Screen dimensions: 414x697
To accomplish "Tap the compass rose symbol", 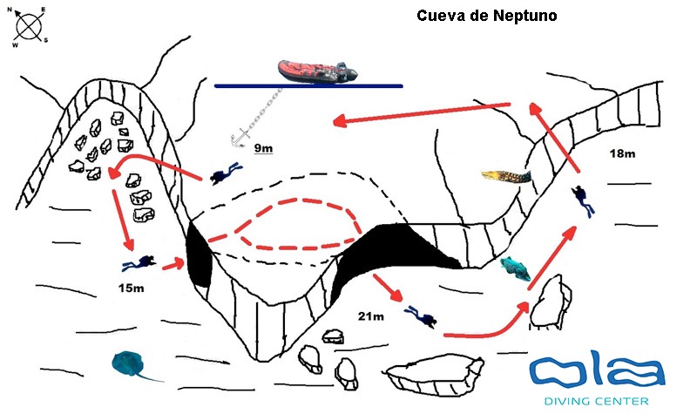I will [30, 26].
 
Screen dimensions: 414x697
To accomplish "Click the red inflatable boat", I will [317, 71].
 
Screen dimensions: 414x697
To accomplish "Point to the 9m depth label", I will [262, 148].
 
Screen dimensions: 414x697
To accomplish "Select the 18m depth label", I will [621, 153].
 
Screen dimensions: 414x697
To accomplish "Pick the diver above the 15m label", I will [139, 262].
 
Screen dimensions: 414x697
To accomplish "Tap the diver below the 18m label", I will [583, 201].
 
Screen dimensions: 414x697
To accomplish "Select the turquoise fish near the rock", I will [516, 270].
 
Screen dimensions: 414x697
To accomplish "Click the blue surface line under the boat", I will [308, 86].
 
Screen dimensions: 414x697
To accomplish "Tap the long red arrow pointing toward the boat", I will [423, 113].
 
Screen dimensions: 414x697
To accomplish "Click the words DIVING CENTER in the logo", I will [595, 401].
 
